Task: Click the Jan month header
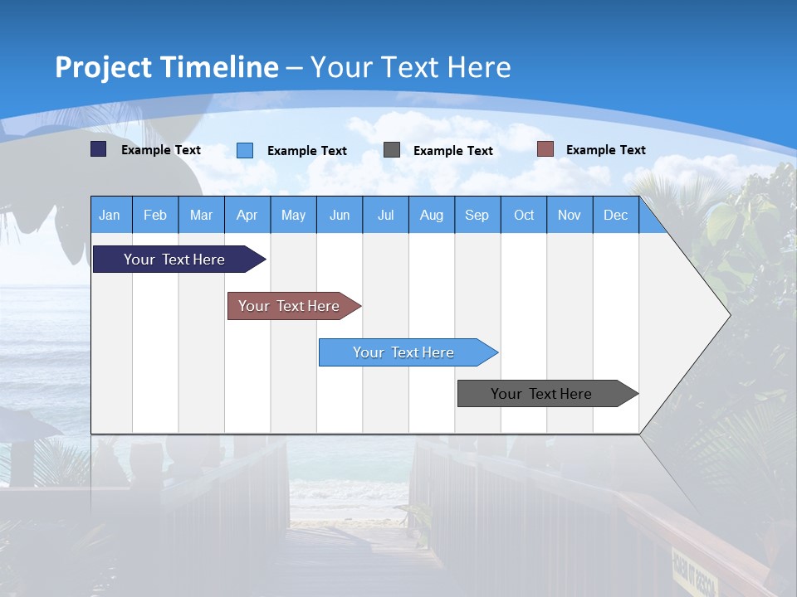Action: (110, 215)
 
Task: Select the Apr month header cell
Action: (247, 215)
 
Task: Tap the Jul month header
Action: (385, 215)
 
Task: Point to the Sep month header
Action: (477, 215)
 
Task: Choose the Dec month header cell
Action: (615, 215)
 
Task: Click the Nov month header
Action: (569, 215)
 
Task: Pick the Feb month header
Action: (155, 215)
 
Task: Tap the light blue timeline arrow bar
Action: (404, 352)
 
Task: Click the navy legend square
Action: (98, 149)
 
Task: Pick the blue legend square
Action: (245, 150)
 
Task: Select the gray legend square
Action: (392, 150)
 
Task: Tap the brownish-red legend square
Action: (545, 149)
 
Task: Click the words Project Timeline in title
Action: (166, 67)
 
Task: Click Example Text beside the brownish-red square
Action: (605, 149)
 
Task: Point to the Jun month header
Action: (340, 215)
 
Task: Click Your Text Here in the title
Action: (410, 67)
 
